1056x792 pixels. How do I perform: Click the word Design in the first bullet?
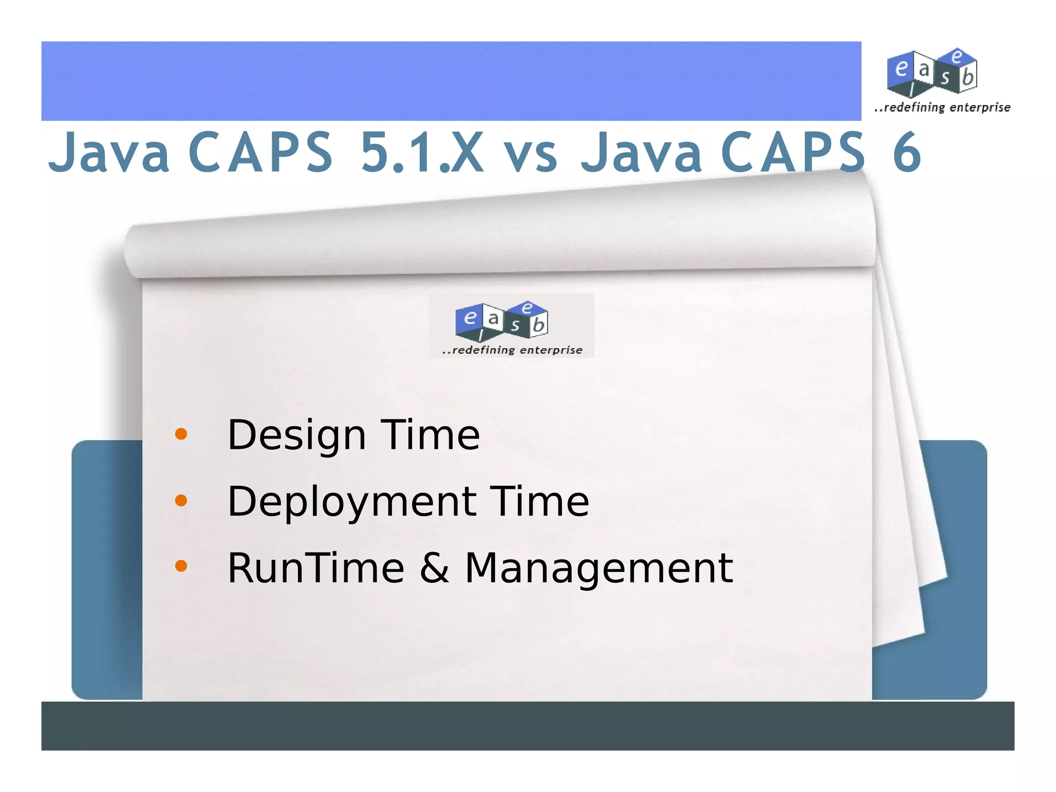pyautogui.click(x=296, y=436)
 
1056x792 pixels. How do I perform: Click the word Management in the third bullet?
pyautogui.click(x=599, y=569)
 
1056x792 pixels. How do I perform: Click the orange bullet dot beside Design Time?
pyautogui.click(x=181, y=434)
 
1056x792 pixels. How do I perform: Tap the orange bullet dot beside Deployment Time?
pyautogui.click(x=181, y=500)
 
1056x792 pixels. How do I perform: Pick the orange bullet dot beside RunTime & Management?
pyautogui.click(x=181, y=566)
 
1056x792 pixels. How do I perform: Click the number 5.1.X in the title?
pyautogui.click(x=422, y=152)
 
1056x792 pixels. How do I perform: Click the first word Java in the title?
pyautogui.click(x=109, y=152)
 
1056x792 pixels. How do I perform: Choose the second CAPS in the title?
pyautogui.click(x=793, y=152)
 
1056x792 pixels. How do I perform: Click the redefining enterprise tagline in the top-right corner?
pyautogui.click(x=943, y=108)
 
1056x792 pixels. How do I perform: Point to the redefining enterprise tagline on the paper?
pyautogui.click(x=513, y=350)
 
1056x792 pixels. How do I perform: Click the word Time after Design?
pyautogui.click(x=430, y=436)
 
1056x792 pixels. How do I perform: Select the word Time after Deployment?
pyautogui.click(x=539, y=502)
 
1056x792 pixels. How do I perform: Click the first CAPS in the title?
pyautogui.click(x=260, y=152)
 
